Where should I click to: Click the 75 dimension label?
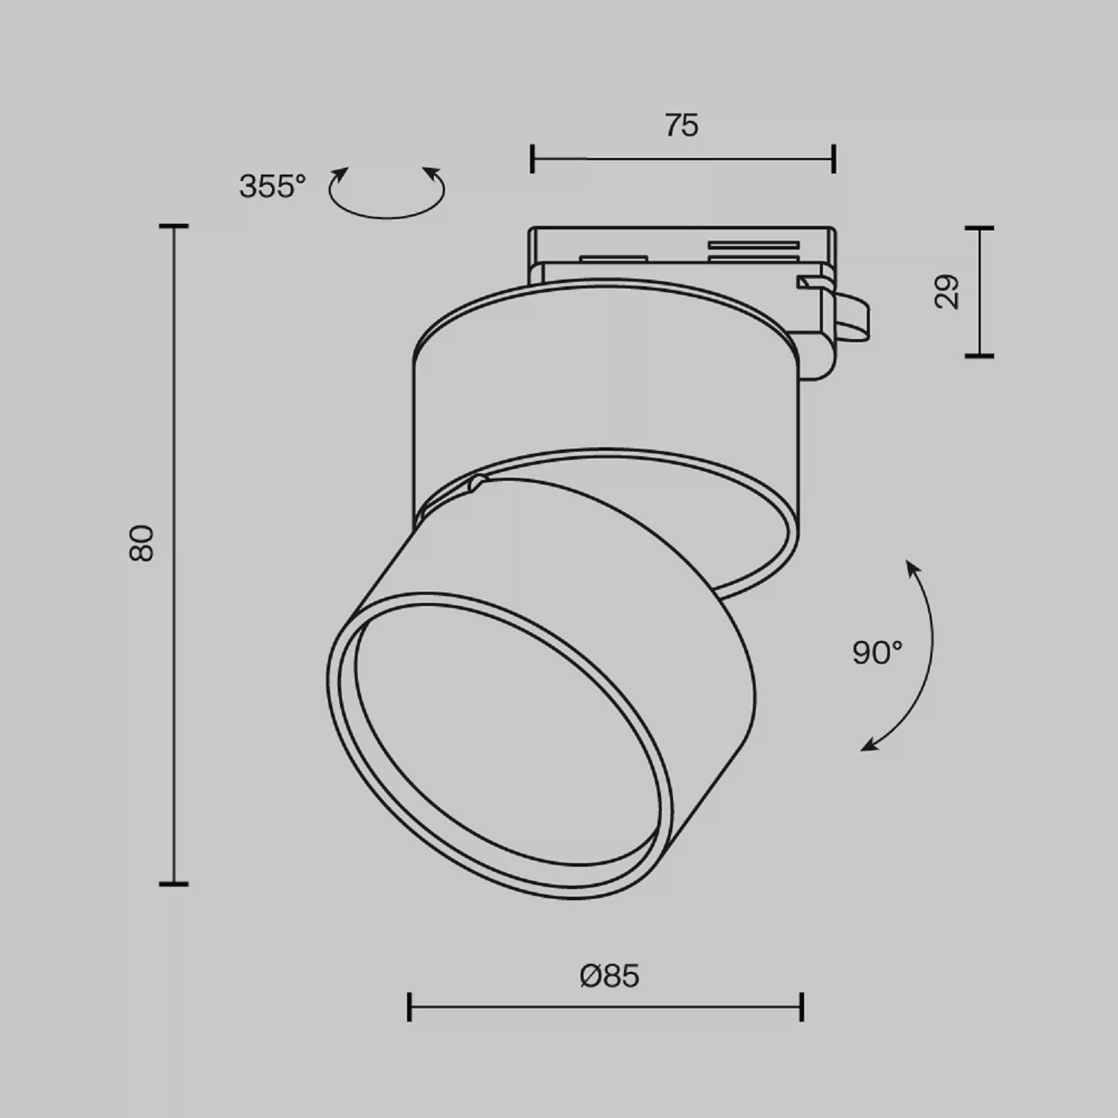pos(681,125)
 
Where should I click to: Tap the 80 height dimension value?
pos(141,543)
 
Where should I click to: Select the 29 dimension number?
pos(947,291)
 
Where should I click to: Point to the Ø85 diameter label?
pos(610,976)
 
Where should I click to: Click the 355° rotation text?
pos(272,186)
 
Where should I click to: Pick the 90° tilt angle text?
pos(877,653)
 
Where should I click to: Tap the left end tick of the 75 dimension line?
pos(531,159)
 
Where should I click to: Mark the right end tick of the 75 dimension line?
pos(834,159)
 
